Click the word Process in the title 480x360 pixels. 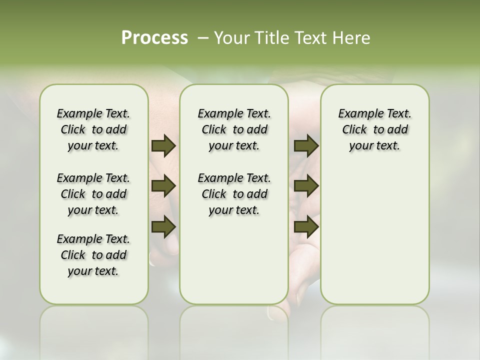click(154, 38)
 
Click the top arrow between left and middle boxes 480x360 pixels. click(163, 146)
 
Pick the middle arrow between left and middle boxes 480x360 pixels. click(163, 186)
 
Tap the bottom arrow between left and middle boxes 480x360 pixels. click(163, 226)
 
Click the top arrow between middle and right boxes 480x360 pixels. click(306, 146)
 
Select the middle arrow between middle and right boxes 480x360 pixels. click(306, 186)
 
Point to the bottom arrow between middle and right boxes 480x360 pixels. click(306, 226)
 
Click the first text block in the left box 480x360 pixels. click(93, 129)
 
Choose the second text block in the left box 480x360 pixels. click(93, 194)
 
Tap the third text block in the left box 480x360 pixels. click(93, 255)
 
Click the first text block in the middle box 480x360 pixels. click(234, 129)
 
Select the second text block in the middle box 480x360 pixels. click(234, 194)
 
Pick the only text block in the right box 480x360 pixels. click(374, 129)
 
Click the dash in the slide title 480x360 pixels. click(203, 38)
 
